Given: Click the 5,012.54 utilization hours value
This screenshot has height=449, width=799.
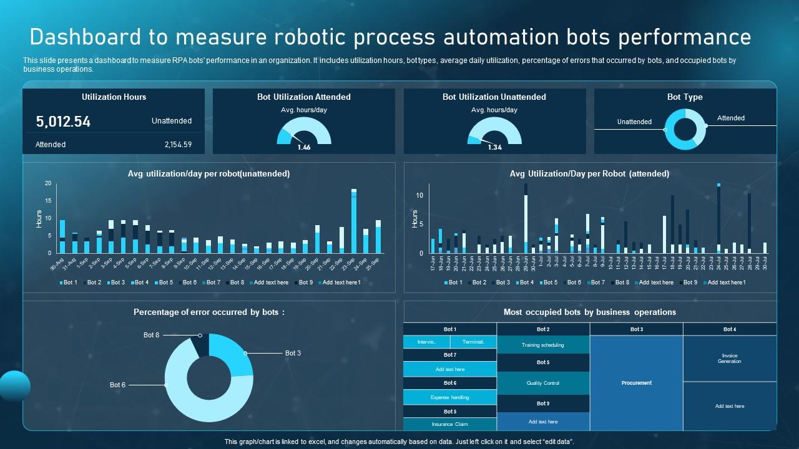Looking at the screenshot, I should tap(63, 122).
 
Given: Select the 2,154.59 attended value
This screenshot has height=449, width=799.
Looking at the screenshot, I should tap(178, 145).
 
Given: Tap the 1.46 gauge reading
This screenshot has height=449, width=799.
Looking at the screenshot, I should tap(304, 148).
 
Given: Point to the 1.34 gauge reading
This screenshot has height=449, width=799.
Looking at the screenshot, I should tap(494, 148).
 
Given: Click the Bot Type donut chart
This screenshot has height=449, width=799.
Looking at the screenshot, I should tap(685, 129).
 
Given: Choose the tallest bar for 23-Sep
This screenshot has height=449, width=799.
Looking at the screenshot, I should tap(354, 221).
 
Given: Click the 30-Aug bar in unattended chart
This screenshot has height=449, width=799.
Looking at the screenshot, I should tap(62, 237).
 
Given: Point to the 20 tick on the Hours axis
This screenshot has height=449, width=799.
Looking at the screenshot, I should tap(47, 183).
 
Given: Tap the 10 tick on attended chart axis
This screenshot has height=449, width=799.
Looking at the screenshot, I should tap(419, 195).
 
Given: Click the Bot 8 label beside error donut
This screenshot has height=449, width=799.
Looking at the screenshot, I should tap(151, 335).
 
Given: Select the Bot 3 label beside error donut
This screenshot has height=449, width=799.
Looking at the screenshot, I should tap(293, 353).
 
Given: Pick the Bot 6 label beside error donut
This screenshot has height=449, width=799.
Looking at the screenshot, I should tap(117, 385).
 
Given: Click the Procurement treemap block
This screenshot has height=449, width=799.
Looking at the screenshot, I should tap(636, 383).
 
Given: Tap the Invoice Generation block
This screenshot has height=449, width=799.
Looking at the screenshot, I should tap(729, 359).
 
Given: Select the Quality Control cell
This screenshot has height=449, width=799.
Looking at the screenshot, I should tap(543, 383).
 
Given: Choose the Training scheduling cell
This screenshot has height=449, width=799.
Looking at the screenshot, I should tap(543, 345).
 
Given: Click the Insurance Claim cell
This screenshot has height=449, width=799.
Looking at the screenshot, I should tap(449, 424).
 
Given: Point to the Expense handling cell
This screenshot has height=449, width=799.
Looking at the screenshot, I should tap(449, 397).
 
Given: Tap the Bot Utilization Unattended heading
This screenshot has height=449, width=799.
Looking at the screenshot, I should tap(494, 97).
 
